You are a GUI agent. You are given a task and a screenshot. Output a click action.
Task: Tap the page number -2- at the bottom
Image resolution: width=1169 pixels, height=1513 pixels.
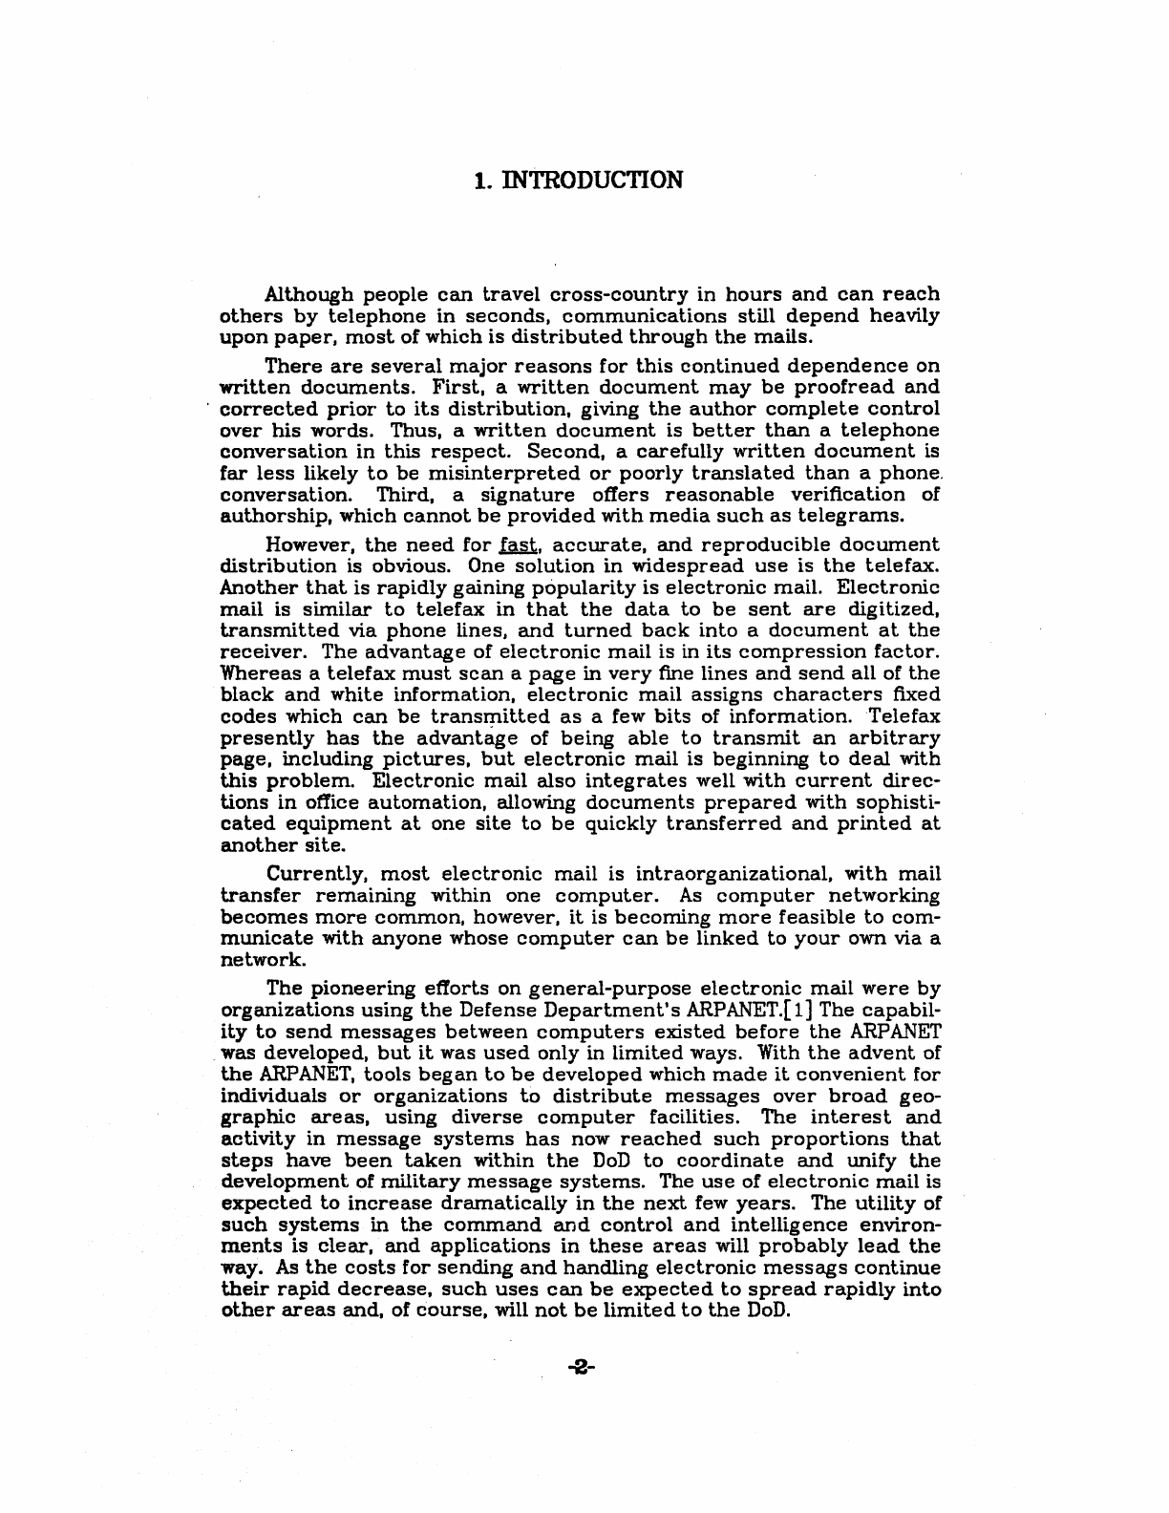coord(580,1368)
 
